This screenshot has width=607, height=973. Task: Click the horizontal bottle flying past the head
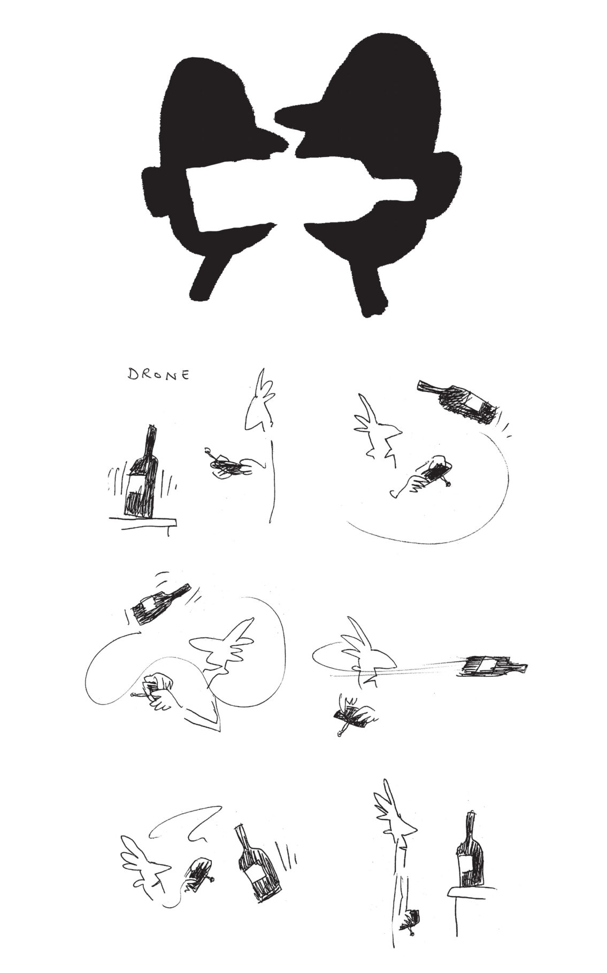495,666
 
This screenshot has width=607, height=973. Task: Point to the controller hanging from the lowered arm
411,932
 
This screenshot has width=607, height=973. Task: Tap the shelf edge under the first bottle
142,521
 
